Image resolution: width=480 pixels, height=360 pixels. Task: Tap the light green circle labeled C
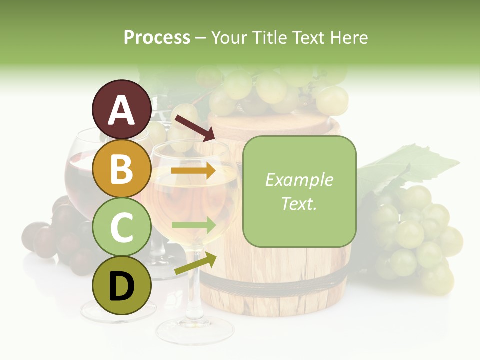[121, 227]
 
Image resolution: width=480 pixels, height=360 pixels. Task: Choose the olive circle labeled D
[121, 285]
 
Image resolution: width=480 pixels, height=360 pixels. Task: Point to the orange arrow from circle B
[193, 171]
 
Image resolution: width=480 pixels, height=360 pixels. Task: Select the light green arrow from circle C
[193, 225]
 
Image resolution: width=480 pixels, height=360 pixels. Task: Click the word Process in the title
[157, 37]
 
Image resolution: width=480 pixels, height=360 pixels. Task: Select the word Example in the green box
[299, 180]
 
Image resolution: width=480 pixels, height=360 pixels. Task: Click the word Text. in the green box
[299, 203]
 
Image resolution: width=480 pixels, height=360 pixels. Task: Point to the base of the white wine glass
[195, 330]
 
